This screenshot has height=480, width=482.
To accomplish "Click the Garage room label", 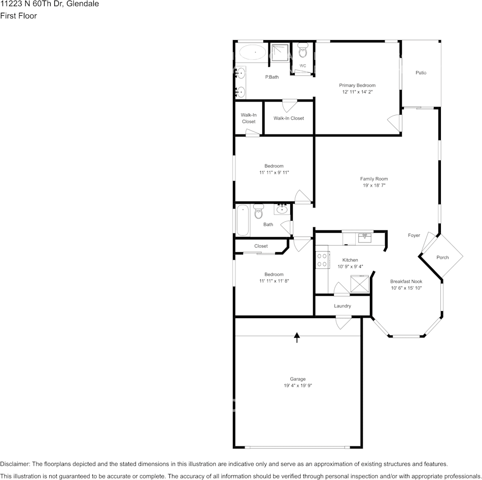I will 298,379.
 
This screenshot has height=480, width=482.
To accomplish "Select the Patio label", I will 421,73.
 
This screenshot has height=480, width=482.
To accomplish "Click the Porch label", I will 442,257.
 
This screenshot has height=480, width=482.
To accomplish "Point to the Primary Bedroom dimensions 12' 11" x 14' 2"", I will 358,92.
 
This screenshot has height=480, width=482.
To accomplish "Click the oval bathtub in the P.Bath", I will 252,52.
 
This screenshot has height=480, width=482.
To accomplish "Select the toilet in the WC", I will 303,50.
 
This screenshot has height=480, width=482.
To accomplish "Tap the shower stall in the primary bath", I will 279,52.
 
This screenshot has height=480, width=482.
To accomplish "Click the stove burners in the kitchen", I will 322,260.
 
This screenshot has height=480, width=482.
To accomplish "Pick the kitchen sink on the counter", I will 364,237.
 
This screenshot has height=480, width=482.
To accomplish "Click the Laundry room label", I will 342,306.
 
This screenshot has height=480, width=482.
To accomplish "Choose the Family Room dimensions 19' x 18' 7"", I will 374,186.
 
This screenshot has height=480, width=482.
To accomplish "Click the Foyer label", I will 414,235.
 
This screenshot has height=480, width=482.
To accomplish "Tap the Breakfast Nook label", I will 406,281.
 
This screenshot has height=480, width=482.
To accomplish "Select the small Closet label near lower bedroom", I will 261,246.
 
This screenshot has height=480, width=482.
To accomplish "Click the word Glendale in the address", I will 82,4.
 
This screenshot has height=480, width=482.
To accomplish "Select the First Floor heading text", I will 18,16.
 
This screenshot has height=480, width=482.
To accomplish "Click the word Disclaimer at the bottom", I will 15,464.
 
